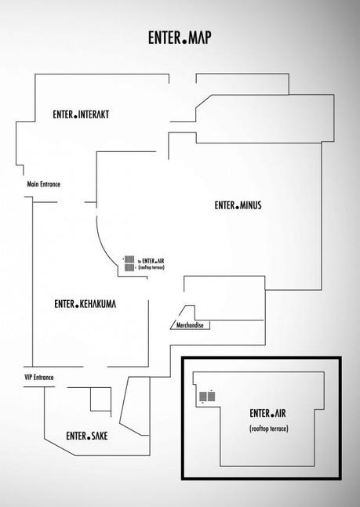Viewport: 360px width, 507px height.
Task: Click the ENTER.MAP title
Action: coord(180,38)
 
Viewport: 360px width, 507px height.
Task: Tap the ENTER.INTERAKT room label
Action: coord(81,114)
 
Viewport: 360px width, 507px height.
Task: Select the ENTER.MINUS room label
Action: coord(238,205)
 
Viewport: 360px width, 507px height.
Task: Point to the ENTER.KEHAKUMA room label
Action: coord(85,304)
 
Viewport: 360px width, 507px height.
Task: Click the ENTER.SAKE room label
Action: coord(87,436)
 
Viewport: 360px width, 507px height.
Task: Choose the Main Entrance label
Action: coord(44,184)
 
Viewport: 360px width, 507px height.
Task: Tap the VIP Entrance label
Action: coord(39,378)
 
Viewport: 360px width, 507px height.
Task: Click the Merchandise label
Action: coord(190,325)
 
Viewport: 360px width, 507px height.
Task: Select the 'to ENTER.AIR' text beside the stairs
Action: coord(151,261)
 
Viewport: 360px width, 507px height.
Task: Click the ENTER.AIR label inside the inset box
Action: coord(267,413)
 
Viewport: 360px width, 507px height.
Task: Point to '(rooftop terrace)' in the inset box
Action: coord(269,429)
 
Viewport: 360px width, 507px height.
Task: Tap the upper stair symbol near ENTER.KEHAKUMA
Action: coord(129,259)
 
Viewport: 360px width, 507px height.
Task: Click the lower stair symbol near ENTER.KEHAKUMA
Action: coord(129,267)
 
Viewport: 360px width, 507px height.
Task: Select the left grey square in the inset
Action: coord(203,397)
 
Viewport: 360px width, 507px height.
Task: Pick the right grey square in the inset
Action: coord(212,397)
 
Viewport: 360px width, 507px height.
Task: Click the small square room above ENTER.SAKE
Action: coord(100,400)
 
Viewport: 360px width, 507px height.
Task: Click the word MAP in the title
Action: coord(200,38)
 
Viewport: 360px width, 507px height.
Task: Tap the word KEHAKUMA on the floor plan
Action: coord(98,304)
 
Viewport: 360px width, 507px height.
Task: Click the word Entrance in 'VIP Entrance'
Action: coord(43,378)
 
